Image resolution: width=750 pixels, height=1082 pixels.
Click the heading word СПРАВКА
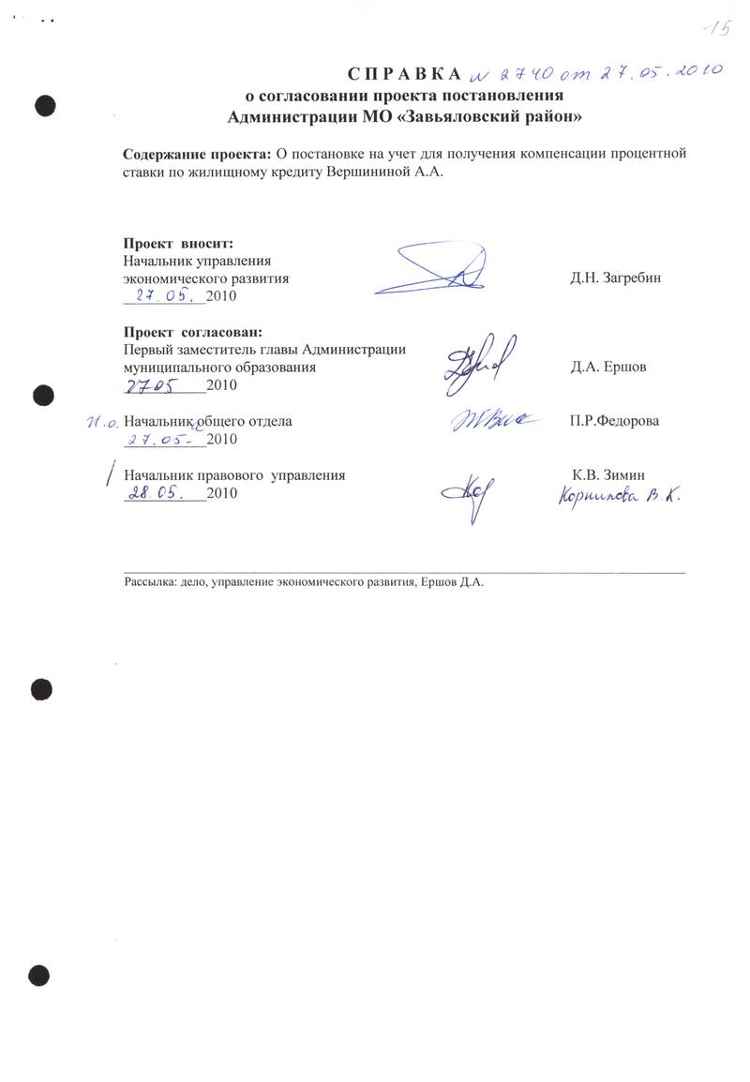[405, 73]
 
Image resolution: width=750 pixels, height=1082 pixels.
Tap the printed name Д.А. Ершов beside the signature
[607, 367]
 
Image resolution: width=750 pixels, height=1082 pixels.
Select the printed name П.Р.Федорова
[614, 421]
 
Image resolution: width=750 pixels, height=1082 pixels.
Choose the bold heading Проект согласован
[193, 331]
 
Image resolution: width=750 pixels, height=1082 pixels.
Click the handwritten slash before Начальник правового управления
[112, 473]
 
